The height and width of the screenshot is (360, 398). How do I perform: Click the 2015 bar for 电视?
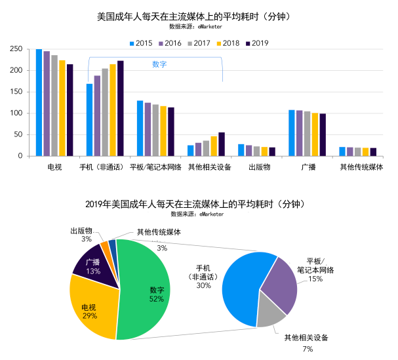tap(39, 102)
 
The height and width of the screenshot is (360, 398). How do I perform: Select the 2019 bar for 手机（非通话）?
tap(120, 108)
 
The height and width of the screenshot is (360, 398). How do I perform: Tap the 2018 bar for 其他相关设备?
tap(214, 146)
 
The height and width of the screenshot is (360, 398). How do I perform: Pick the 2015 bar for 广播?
tap(292, 132)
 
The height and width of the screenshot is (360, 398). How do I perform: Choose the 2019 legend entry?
tap(256, 43)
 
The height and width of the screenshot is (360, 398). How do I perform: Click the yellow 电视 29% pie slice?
tap(92, 308)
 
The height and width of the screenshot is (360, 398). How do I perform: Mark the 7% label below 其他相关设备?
tap(308, 350)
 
